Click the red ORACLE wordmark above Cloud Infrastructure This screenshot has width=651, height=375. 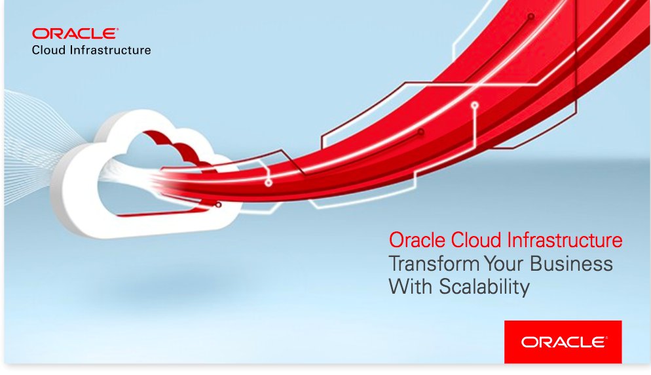pyautogui.click(x=75, y=34)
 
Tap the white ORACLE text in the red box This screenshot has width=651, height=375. pyautogui.click(x=561, y=342)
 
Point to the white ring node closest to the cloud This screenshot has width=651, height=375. pyautogui.click(x=269, y=183)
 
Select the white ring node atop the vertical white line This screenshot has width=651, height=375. pyautogui.click(x=475, y=105)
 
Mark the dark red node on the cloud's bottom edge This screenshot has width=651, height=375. pyautogui.click(x=218, y=205)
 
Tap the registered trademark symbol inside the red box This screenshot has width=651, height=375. pyautogui.click(x=607, y=337)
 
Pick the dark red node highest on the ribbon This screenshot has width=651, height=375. pyautogui.click(x=531, y=16)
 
